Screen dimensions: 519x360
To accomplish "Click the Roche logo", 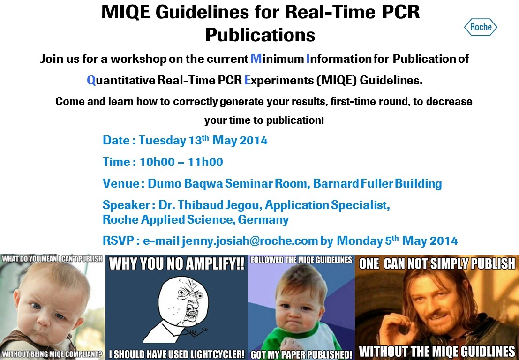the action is [x=481, y=27].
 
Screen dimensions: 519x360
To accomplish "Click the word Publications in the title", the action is [x=260, y=34].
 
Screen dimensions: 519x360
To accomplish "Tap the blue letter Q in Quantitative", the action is [x=91, y=81].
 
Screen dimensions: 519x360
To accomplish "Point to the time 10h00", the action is [x=157, y=162].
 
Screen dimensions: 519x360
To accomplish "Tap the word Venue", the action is [x=121, y=183].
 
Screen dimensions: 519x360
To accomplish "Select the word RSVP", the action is [x=118, y=240].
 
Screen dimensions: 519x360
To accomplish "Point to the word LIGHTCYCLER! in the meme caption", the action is [x=212, y=354].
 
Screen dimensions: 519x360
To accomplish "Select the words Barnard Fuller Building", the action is [x=377, y=183].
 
